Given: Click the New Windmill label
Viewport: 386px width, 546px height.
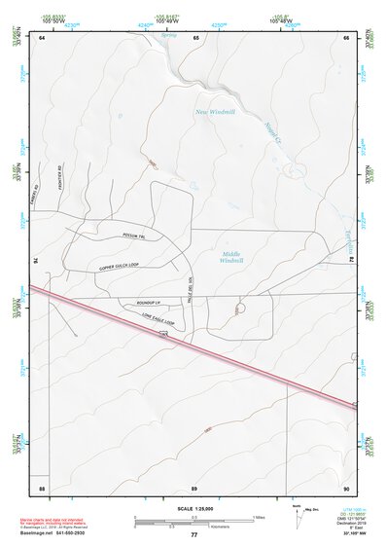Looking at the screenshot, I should (x=216, y=111).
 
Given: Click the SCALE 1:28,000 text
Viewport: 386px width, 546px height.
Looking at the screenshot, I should (x=193, y=508).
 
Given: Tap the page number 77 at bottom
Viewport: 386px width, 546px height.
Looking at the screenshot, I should (x=193, y=535).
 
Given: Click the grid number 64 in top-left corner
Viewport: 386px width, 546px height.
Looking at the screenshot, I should (x=43, y=37).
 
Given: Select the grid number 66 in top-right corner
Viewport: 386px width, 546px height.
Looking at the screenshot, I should (x=346, y=37).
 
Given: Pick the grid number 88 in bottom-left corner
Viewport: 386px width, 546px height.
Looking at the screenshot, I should (x=42, y=486).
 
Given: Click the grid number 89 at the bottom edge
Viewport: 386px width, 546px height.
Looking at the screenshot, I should (x=194, y=486).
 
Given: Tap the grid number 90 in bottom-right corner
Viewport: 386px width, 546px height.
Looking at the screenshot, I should (x=346, y=486).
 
